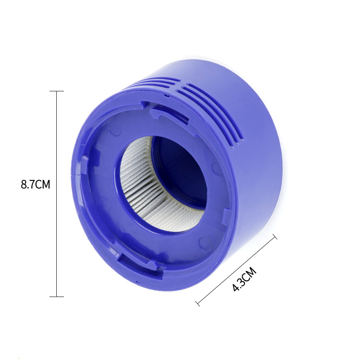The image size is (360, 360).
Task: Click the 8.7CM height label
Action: [35, 185]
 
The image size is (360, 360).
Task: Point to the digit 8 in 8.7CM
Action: [24, 185]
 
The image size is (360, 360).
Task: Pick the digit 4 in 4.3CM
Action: [235, 288]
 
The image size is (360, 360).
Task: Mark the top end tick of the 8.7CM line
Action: [56, 91]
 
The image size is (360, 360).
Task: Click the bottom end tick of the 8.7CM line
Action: [56, 296]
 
